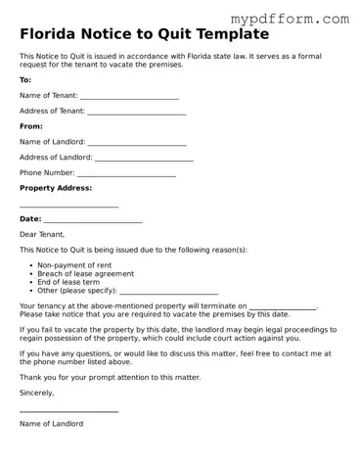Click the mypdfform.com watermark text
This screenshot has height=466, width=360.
click(290, 18)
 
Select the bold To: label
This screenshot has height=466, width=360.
click(25, 79)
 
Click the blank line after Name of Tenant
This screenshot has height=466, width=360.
click(129, 98)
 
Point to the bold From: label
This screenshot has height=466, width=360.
click(31, 126)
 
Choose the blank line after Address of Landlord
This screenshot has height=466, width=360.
click(144, 160)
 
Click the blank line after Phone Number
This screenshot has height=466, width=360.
click(126, 175)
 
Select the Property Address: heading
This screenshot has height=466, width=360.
click(56, 188)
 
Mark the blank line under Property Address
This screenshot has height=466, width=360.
click(68, 207)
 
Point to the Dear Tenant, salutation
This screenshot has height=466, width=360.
click(42, 234)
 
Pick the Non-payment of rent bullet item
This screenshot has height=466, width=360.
click(74, 265)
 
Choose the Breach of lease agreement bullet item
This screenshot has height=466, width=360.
click(85, 274)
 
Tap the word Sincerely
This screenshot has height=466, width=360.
click(37, 393)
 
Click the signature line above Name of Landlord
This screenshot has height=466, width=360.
click(68, 412)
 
